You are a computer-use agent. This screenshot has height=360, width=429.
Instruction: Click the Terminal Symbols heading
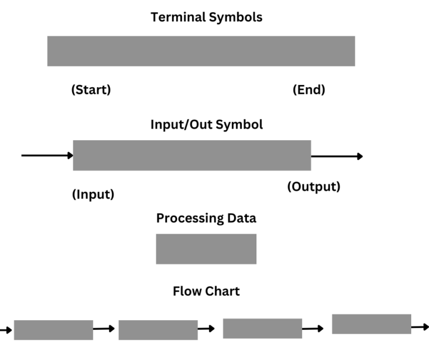206,17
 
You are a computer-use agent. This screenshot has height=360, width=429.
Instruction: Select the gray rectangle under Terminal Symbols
201,51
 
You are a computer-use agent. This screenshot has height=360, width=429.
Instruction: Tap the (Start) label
91,90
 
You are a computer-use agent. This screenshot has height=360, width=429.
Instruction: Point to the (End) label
309,90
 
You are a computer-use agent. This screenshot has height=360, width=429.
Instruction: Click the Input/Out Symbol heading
206,124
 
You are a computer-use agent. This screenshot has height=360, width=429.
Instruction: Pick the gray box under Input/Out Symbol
192,155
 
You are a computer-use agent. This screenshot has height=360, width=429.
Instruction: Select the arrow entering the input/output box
47,155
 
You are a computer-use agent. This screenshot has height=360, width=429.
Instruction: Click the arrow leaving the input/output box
336,156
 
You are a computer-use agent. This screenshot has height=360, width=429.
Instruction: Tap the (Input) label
93,195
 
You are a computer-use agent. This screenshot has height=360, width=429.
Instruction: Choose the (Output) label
313,187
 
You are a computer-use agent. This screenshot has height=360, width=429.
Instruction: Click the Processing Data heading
206,218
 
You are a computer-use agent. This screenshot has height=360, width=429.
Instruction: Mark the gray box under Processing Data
206,249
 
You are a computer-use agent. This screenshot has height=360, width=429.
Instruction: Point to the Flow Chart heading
206,291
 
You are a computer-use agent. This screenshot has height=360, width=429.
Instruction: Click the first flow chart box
53,330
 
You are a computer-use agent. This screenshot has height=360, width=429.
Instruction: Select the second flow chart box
158,330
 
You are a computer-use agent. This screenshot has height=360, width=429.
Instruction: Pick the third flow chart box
263,328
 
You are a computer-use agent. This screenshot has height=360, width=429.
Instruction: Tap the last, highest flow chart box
371,324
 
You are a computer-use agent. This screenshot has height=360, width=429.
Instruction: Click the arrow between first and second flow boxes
104,329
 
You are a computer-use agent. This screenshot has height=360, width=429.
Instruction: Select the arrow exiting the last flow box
420,326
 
